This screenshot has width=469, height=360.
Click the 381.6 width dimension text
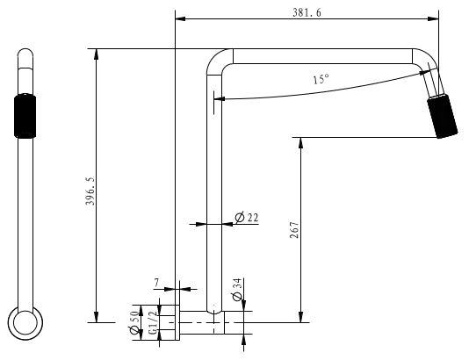pos(307,13)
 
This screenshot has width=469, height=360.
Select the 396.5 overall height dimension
pos(90,191)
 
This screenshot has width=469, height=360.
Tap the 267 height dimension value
pos(294,230)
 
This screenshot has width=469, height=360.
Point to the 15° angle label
pos(321,79)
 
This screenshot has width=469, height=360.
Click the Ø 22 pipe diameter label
pos(247,218)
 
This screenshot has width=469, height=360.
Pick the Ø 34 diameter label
pos(236,290)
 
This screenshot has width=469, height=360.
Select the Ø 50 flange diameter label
pos(134,322)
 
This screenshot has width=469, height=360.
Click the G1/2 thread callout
pos(153,322)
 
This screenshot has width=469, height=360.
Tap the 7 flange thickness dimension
pos(156,283)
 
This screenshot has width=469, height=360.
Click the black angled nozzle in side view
pos(443,117)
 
